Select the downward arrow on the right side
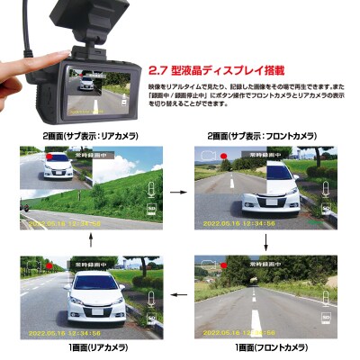coord(266,243)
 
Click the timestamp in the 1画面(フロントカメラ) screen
coord(244,329)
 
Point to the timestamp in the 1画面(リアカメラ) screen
coord(68,329)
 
